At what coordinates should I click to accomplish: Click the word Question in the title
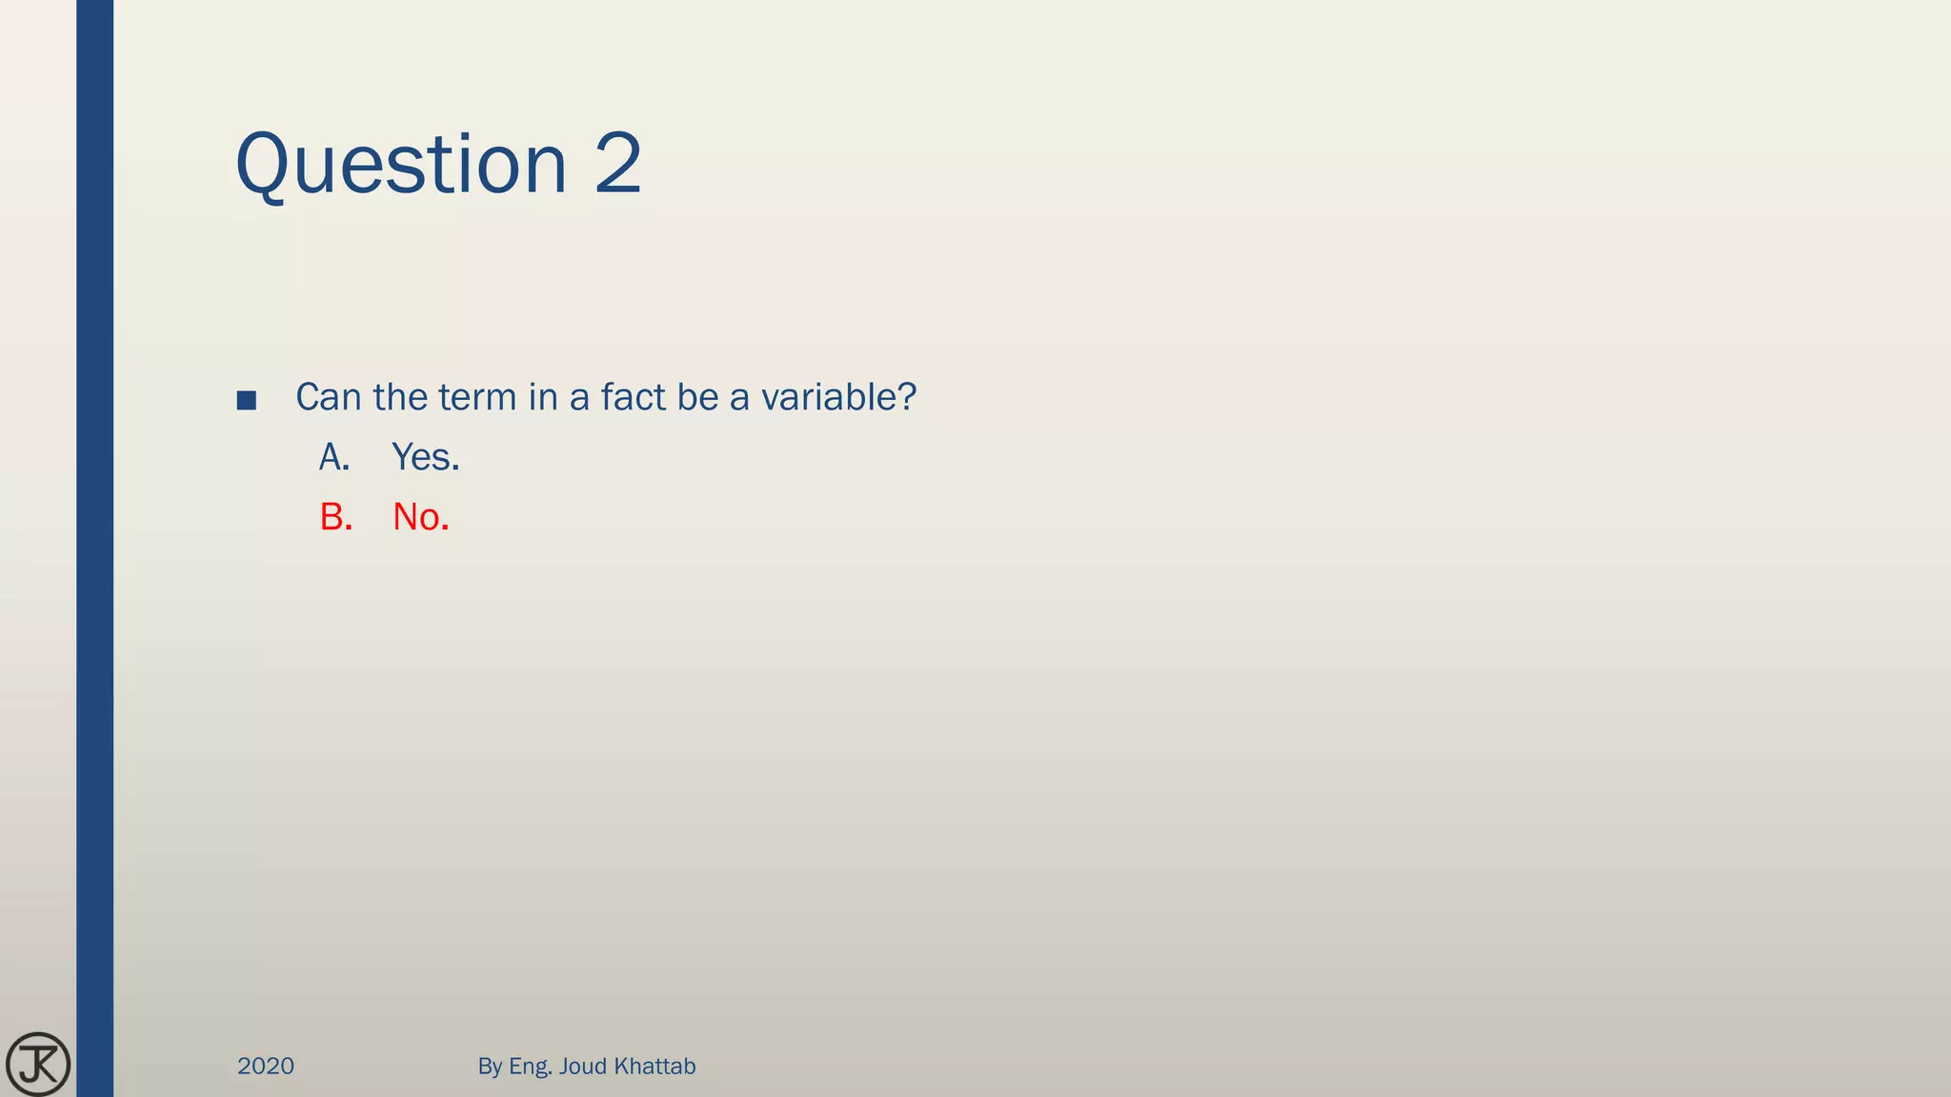[x=401, y=166]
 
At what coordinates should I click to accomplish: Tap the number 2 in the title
[x=618, y=164]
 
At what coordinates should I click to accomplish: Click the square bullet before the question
[x=247, y=400]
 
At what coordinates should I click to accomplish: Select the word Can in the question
[x=329, y=397]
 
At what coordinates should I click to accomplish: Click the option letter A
[x=334, y=458]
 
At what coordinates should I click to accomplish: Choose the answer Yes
[x=425, y=458]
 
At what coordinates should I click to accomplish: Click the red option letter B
[x=335, y=517]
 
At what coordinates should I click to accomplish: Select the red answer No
[x=420, y=517]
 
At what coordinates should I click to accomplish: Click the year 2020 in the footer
[x=266, y=1066]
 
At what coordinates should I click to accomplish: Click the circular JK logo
[x=38, y=1064]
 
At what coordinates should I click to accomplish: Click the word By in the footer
[x=490, y=1067]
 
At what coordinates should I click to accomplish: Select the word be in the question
[x=697, y=397]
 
